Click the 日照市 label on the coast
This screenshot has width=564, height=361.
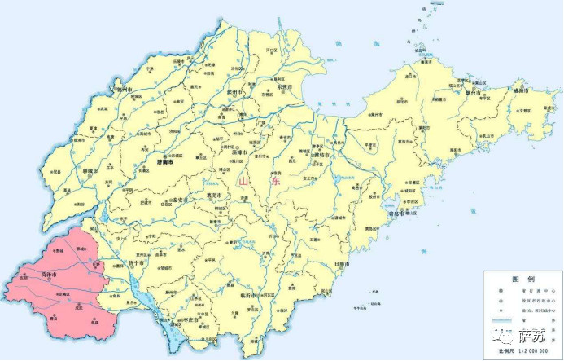342,265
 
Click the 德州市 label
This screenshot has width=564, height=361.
123,89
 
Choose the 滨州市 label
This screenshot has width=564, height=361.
234,93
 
